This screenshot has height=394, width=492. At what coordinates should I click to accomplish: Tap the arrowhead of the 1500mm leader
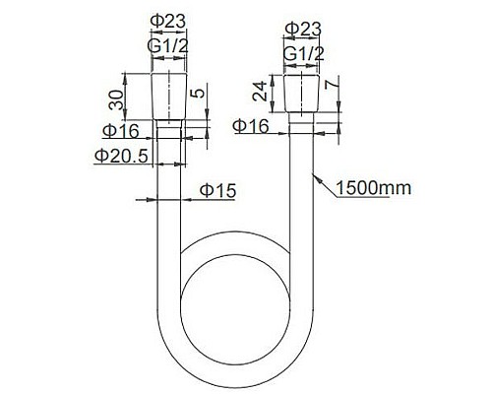click(312, 175)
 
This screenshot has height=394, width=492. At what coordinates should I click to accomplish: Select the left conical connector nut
click(168, 96)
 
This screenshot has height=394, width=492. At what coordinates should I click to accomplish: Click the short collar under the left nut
click(168, 130)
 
